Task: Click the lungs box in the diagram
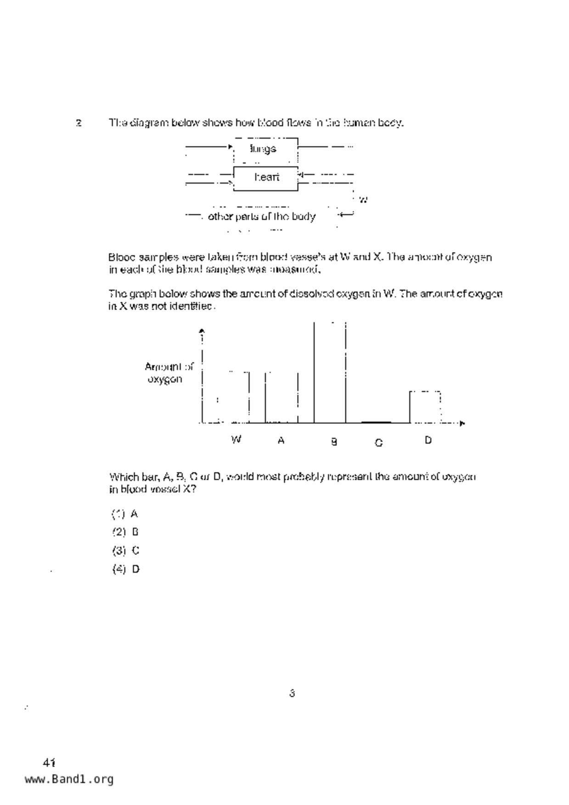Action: tap(265, 150)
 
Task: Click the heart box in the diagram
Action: tap(266, 178)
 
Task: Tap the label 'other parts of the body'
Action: tap(262, 217)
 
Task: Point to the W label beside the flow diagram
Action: tap(363, 200)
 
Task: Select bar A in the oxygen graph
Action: tap(282, 397)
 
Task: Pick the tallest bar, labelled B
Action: tap(330, 372)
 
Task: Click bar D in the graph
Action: tap(425, 407)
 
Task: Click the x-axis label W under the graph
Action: tap(236, 440)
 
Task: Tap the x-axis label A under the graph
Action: tap(281, 441)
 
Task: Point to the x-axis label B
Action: tap(334, 442)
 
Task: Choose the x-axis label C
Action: tap(378, 443)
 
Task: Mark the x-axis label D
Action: tap(428, 441)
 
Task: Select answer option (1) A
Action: tap(125, 514)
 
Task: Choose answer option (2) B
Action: tap(125, 532)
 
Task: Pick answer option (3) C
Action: tap(125, 551)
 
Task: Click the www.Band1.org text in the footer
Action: tap(69, 779)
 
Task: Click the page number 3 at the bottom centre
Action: tap(292, 693)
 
